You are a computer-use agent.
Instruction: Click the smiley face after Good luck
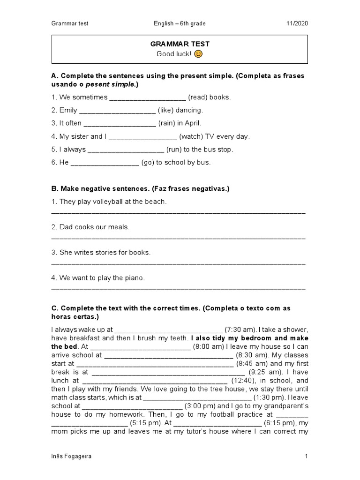click(x=198, y=54)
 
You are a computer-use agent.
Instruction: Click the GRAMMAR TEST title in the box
click(x=180, y=44)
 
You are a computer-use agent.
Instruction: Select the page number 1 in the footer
click(x=306, y=456)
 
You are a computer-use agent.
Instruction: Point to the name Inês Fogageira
click(x=71, y=456)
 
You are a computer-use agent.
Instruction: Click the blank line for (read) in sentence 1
click(x=147, y=98)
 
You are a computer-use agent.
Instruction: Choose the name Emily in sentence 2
click(x=68, y=111)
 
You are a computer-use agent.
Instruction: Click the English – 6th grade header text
click(x=180, y=23)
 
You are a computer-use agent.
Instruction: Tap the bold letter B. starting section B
click(x=54, y=189)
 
